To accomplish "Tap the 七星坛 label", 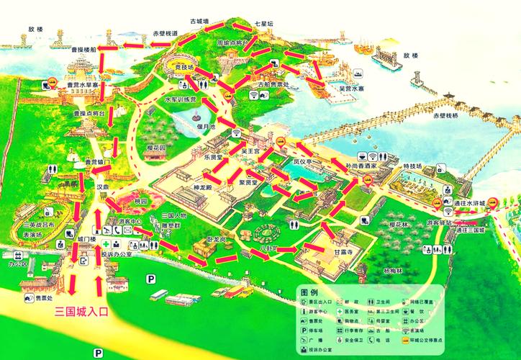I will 264,24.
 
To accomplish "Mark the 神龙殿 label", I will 184,188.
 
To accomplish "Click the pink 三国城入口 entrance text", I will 81,312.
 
